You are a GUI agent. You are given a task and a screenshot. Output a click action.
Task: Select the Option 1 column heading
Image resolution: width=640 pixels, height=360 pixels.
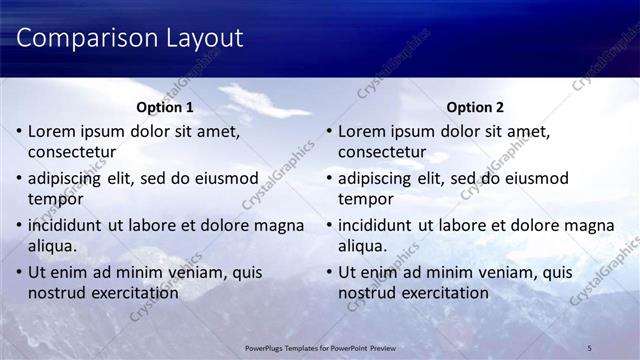164,107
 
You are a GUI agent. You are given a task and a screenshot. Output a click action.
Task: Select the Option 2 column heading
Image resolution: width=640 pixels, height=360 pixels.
474,107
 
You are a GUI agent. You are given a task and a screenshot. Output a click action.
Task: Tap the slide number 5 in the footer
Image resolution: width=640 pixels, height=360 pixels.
590,347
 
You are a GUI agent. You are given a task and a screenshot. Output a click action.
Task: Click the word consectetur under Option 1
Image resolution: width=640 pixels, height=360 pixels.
72,152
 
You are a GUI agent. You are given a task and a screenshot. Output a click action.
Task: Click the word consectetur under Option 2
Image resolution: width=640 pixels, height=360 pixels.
382,152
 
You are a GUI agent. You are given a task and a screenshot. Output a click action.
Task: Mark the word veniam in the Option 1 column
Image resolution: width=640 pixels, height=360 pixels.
189,273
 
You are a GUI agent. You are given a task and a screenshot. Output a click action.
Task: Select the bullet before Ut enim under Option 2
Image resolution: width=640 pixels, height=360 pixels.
329,273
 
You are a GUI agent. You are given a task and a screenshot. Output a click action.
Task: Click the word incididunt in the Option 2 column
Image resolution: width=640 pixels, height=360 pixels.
375,226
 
